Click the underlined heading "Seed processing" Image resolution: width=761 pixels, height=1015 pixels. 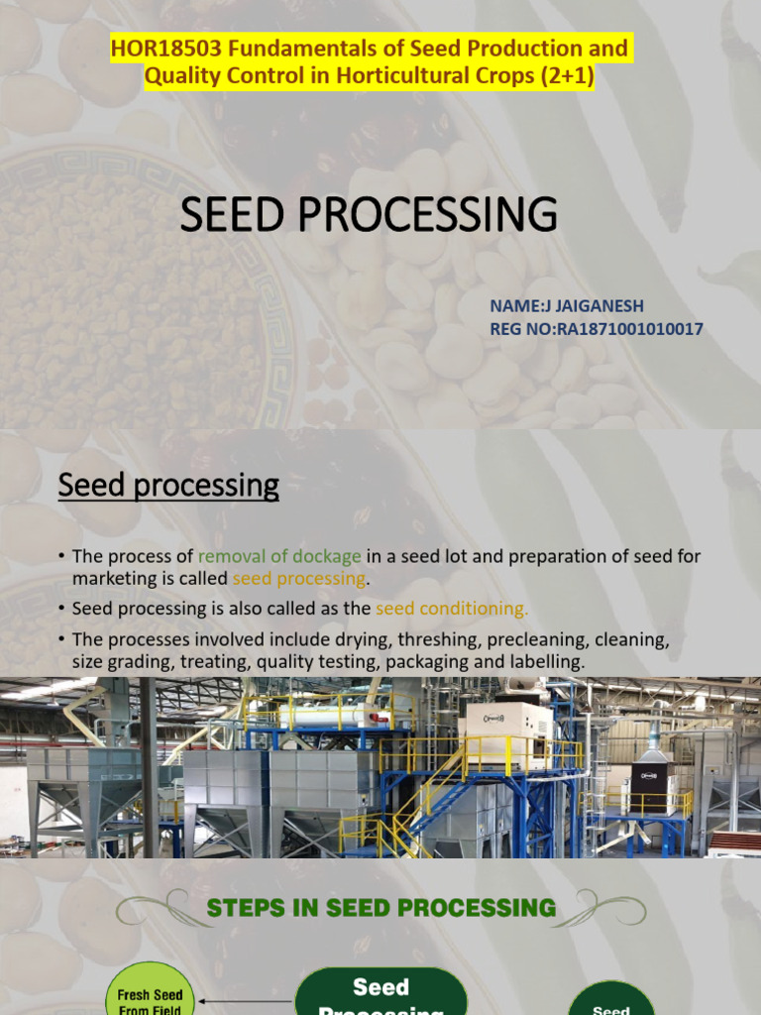point(168,486)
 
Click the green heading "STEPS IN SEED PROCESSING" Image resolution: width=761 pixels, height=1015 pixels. point(380,907)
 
